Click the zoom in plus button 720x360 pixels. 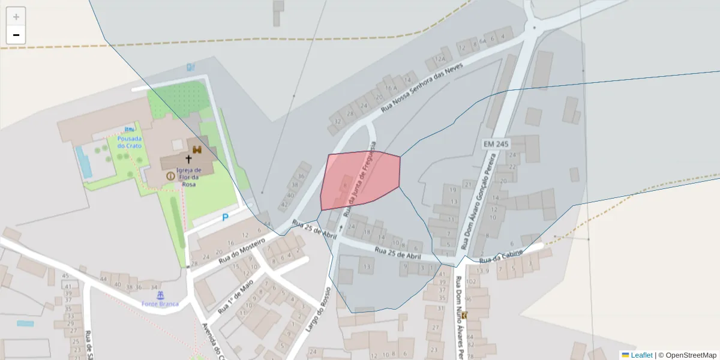pos(16,17)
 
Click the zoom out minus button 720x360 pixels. pos(16,35)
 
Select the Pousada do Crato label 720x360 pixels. pos(130,142)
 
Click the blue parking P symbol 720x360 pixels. pos(225,217)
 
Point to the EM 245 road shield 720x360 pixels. pos(496,144)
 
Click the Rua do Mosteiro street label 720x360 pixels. pos(242,251)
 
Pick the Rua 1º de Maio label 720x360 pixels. pos(236,296)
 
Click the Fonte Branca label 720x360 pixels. pos(160,304)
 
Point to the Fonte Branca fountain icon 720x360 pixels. pos(160,295)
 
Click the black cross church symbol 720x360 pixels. pos(188,160)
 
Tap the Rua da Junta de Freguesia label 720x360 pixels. pos(359,180)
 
